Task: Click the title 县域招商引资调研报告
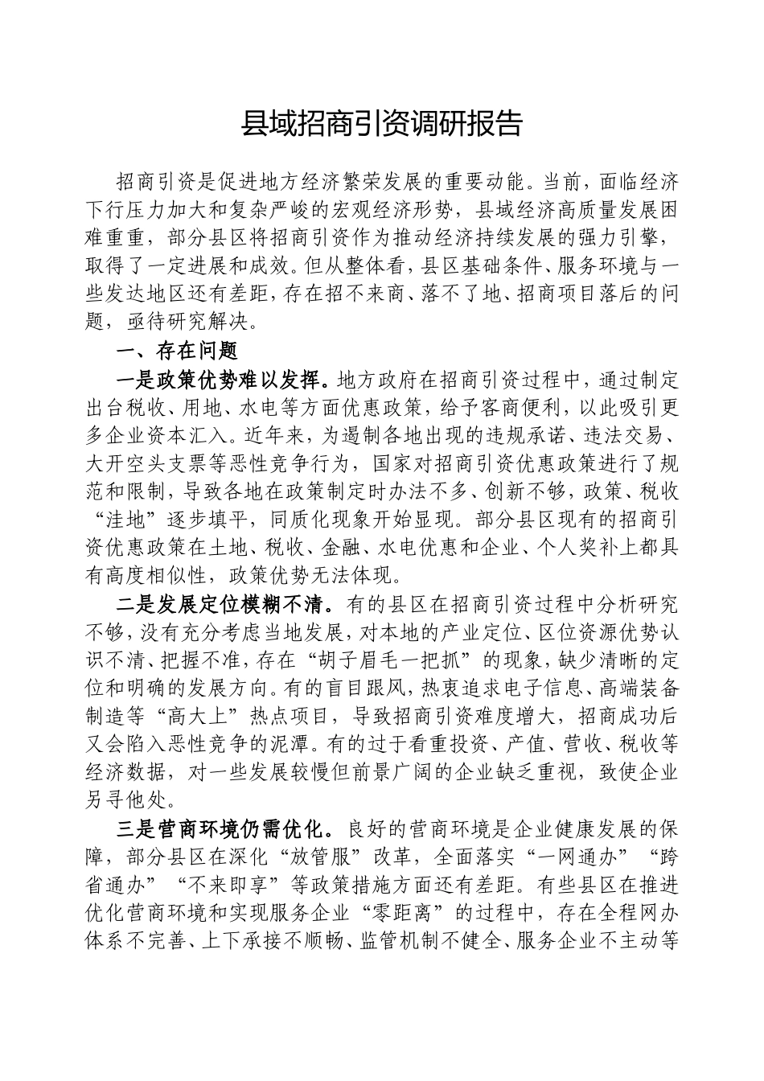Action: coord(382,124)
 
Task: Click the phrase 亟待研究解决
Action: coord(192,322)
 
